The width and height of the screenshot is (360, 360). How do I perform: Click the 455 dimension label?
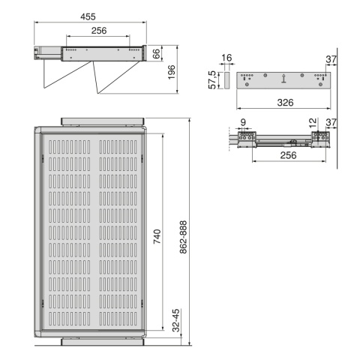pyautogui.click(x=88, y=16)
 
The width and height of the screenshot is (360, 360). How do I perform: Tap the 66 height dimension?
pyautogui.click(x=156, y=53)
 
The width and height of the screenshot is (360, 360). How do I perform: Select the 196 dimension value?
pyautogui.click(x=172, y=73)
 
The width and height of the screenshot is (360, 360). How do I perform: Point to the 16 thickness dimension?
pyautogui.click(x=226, y=58)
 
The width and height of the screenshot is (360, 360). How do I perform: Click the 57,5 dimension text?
pyautogui.click(x=212, y=80)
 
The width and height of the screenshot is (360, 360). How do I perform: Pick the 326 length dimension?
pyautogui.click(x=285, y=103)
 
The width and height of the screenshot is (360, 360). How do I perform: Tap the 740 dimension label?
pyautogui.click(x=157, y=236)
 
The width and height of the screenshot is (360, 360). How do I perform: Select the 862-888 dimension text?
pyautogui.click(x=183, y=237)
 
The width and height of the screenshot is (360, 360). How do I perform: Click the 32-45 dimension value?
pyautogui.click(x=176, y=320)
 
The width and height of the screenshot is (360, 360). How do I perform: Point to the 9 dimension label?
pyautogui.click(x=243, y=122)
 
